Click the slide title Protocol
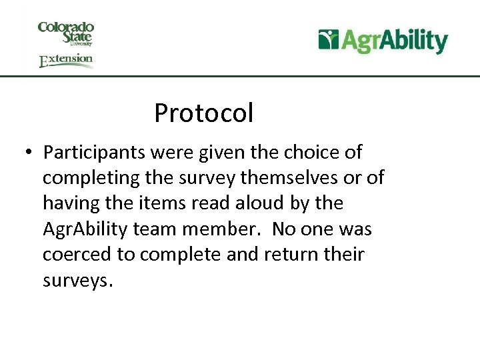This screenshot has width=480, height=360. tap(203, 113)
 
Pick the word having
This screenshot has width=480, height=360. tap(73, 203)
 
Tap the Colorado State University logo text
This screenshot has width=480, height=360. tap(66, 33)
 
